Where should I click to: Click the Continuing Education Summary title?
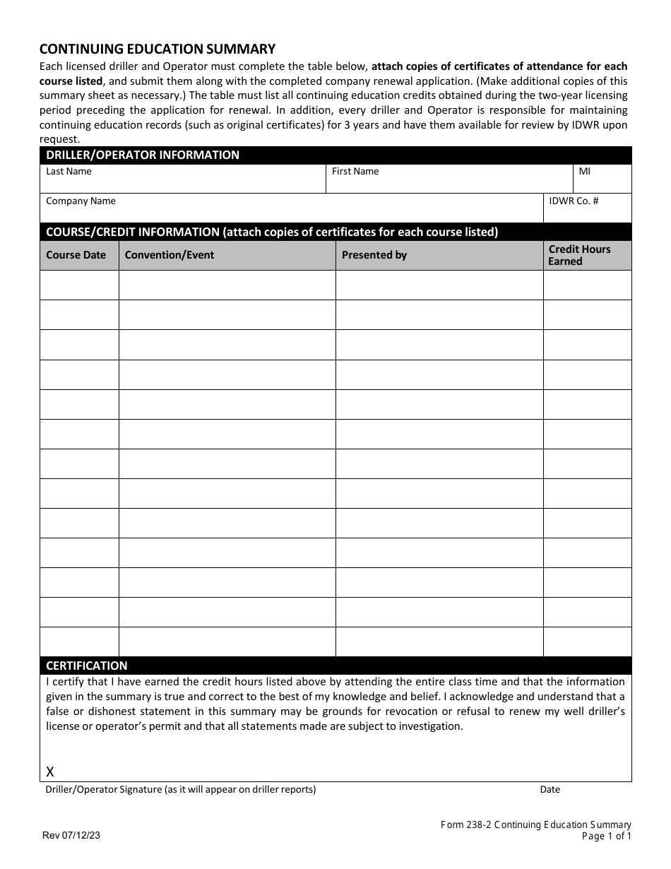(157, 49)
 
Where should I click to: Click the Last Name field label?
(69, 172)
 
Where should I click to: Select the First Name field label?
(355, 172)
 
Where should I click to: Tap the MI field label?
(584, 172)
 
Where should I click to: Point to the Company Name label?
(81, 201)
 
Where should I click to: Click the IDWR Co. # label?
(574, 201)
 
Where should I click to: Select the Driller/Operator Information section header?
(143, 155)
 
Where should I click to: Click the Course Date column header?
(76, 255)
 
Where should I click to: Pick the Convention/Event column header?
(169, 255)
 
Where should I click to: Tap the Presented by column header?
(374, 255)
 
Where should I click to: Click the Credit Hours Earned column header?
(579, 255)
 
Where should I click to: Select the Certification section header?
(87, 666)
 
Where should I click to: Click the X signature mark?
(50, 772)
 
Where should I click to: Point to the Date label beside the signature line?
(550, 790)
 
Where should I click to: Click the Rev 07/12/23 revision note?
(71, 835)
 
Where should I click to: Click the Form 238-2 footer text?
(535, 824)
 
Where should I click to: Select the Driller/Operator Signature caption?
(181, 790)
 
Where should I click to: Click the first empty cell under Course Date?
(79, 285)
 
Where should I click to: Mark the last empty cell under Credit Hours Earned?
(587, 642)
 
